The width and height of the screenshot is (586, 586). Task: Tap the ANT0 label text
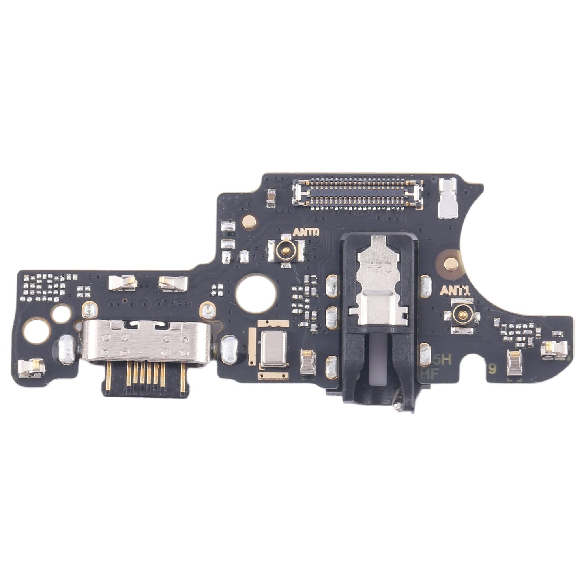(306, 232)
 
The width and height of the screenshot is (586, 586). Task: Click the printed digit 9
(492, 369)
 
